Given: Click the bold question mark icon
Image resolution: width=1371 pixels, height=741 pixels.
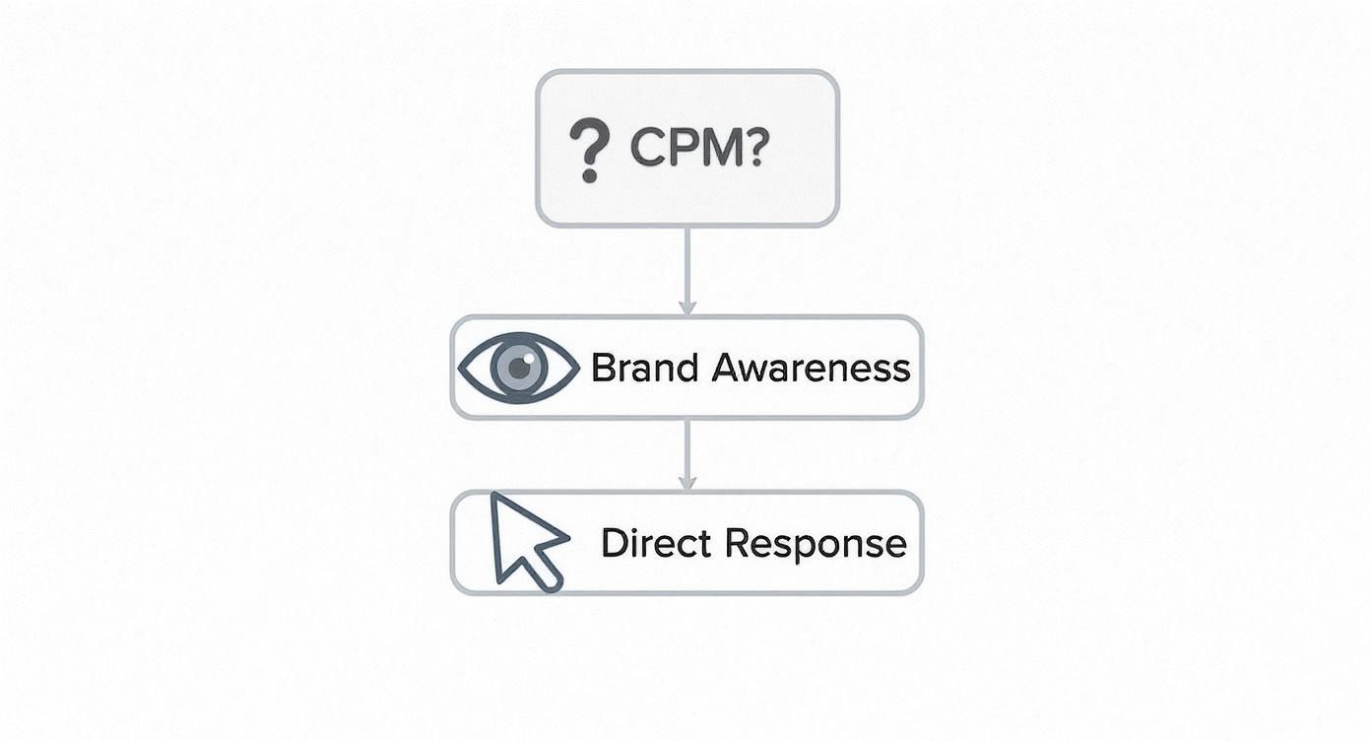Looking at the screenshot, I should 590,150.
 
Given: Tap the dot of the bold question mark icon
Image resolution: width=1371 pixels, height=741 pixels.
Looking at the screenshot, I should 589,175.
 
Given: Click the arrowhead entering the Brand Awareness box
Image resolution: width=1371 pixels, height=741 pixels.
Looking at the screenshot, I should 687,308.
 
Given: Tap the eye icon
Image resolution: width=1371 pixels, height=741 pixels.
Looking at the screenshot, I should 518,368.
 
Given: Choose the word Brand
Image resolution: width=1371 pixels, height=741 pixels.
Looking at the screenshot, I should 644,368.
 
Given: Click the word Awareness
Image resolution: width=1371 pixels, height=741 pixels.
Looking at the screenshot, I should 810,368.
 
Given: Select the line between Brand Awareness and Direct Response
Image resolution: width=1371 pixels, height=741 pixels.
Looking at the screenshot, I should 687,448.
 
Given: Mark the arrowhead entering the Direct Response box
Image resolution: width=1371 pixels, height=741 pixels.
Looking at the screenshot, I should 687,483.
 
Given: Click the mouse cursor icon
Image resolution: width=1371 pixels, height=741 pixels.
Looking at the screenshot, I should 524,541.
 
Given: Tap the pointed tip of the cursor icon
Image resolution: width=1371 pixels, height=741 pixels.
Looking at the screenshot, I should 494,497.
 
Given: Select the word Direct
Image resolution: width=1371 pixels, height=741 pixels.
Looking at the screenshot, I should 655,543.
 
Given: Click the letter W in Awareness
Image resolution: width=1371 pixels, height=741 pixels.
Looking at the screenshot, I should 746,368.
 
